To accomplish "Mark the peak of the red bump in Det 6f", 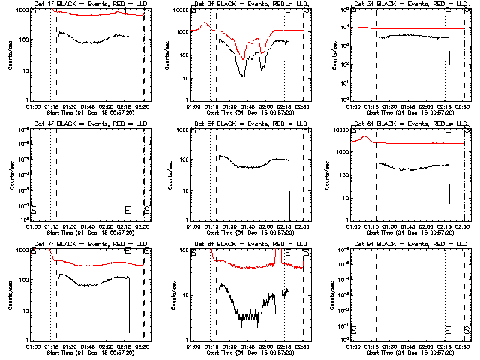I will point(365,136).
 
